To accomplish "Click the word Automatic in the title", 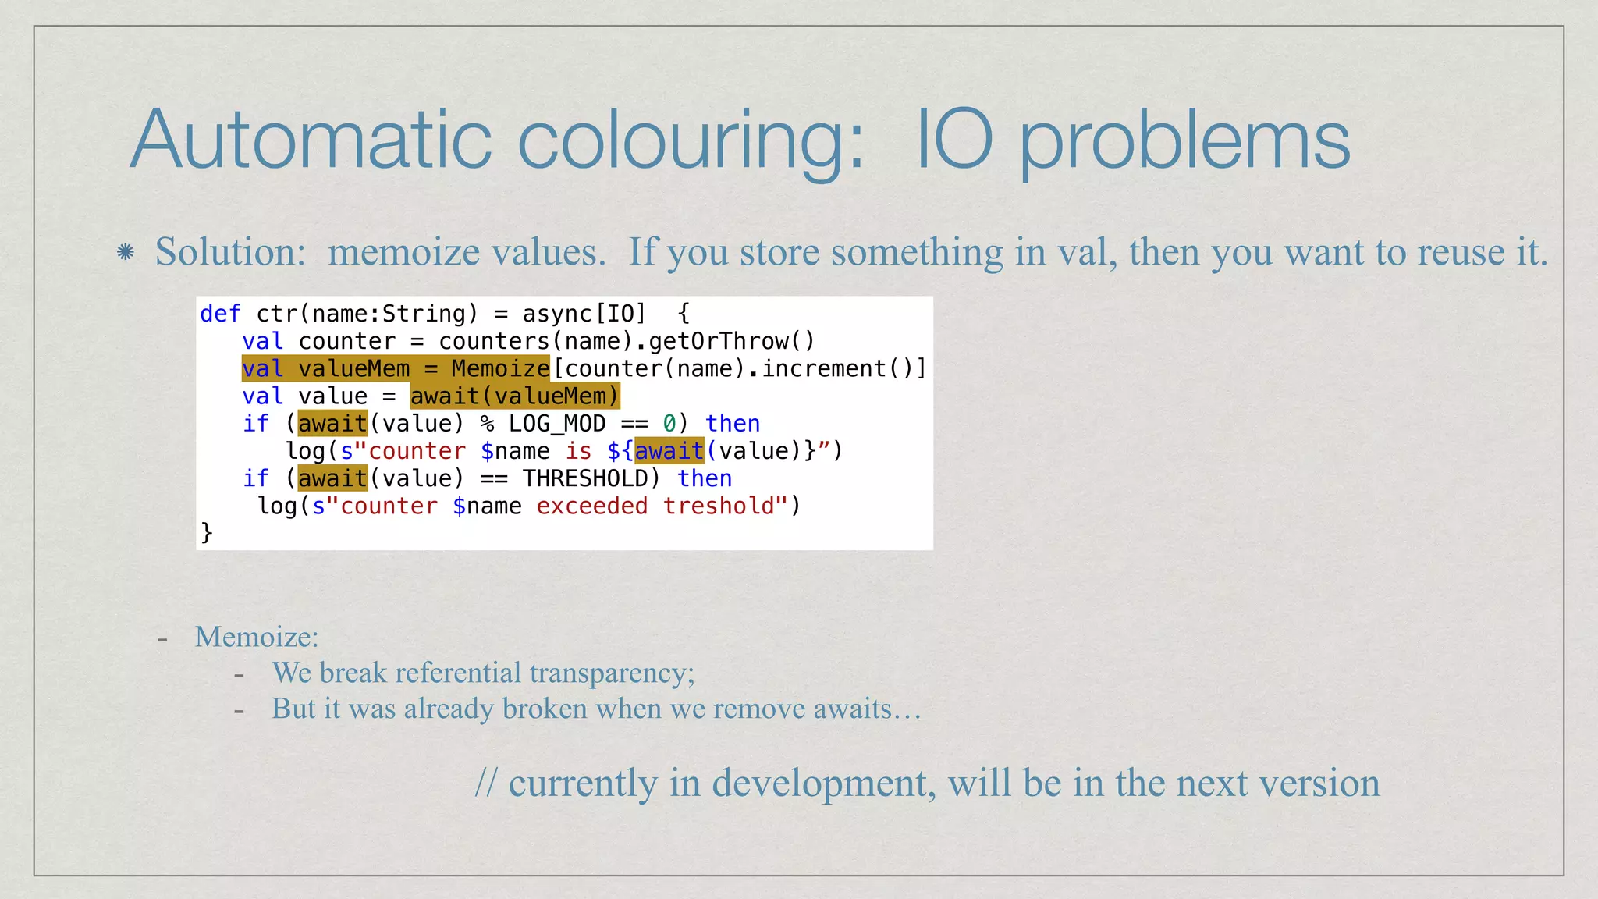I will pos(311,140).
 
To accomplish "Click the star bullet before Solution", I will pos(125,252).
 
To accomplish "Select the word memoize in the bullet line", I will pos(403,252).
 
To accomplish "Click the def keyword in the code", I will pos(220,314).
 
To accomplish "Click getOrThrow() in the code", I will pos(731,341).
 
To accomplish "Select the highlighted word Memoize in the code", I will pos(500,368).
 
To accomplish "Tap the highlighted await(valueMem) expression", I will pos(514,396).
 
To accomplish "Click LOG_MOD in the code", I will pos(557,424).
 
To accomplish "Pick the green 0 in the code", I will pos(669,424).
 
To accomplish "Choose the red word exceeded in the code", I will pos(591,506).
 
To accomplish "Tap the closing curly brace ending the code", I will pos(207,532).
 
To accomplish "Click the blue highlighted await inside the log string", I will pos(669,451).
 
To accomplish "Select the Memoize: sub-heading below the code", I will pos(257,637).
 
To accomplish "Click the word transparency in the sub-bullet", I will pos(612,673).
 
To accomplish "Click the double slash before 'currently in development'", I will pos(485,783).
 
